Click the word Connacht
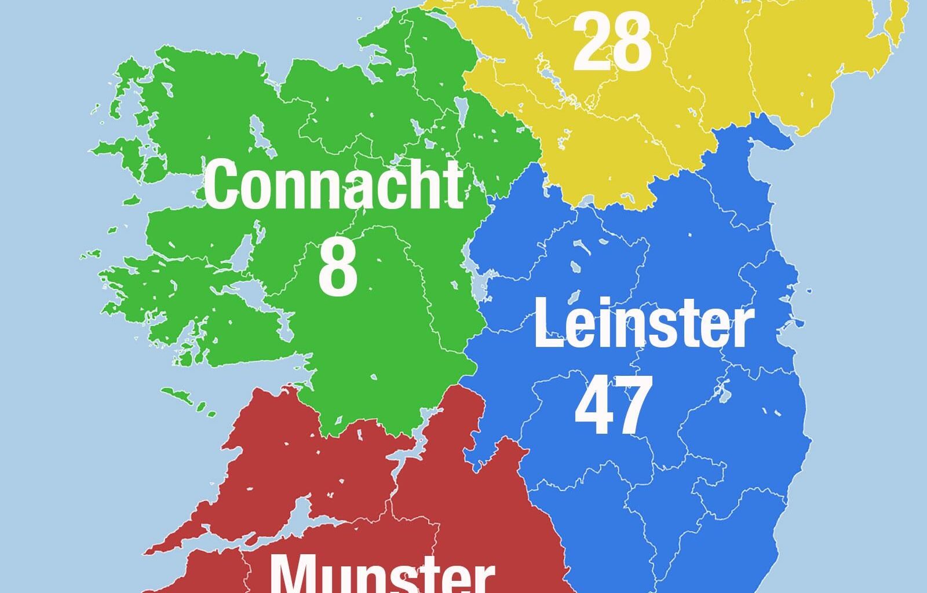334,185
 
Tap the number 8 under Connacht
337,268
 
